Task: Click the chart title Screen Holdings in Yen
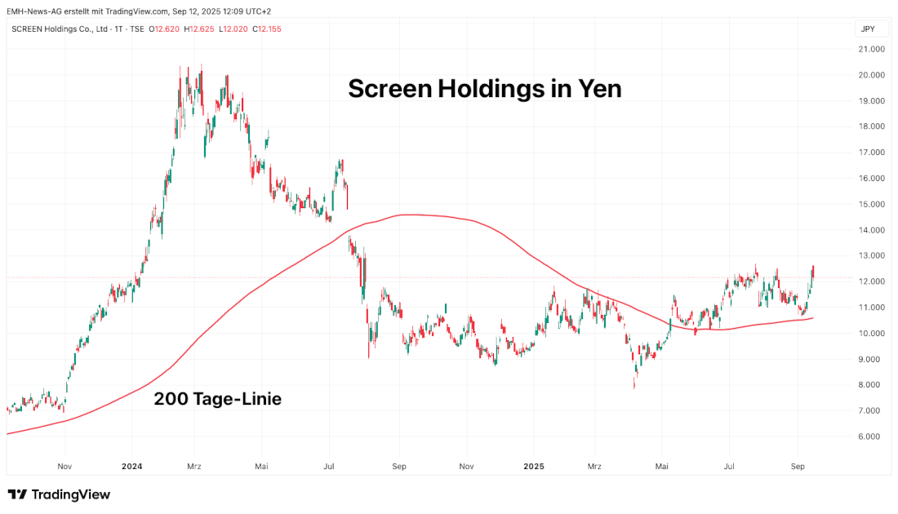click(x=484, y=88)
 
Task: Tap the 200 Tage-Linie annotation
click(x=218, y=399)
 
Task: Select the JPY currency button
click(x=868, y=29)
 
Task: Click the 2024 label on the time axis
click(x=131, y=467)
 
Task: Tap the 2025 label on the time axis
click(x=534, y=467)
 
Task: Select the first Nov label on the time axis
click(x=66, y=467)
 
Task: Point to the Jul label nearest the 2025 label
click(x=729, y=467)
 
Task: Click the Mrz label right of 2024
click(x=194, y=467)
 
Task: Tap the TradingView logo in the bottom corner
click(x=59, y=494)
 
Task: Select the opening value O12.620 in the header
click(x=165, y=29)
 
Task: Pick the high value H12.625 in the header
click(x=199, y=29)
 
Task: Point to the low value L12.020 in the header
click(x=233, y=29)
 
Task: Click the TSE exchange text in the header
click(x=136, y=29)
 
